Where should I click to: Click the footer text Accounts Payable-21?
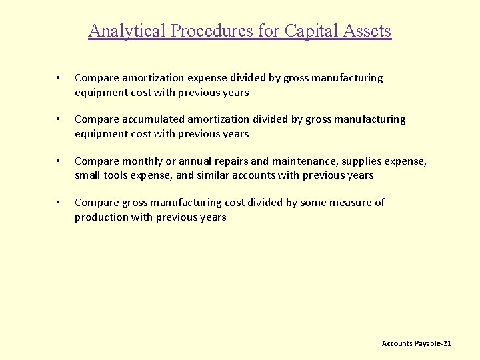point(417,343)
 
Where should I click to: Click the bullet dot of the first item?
point(59,79)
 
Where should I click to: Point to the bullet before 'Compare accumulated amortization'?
point(59,120)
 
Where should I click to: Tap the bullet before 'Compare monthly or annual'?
point(59,161)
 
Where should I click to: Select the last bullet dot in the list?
point(59,203)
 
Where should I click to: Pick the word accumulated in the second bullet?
point(153,119)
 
